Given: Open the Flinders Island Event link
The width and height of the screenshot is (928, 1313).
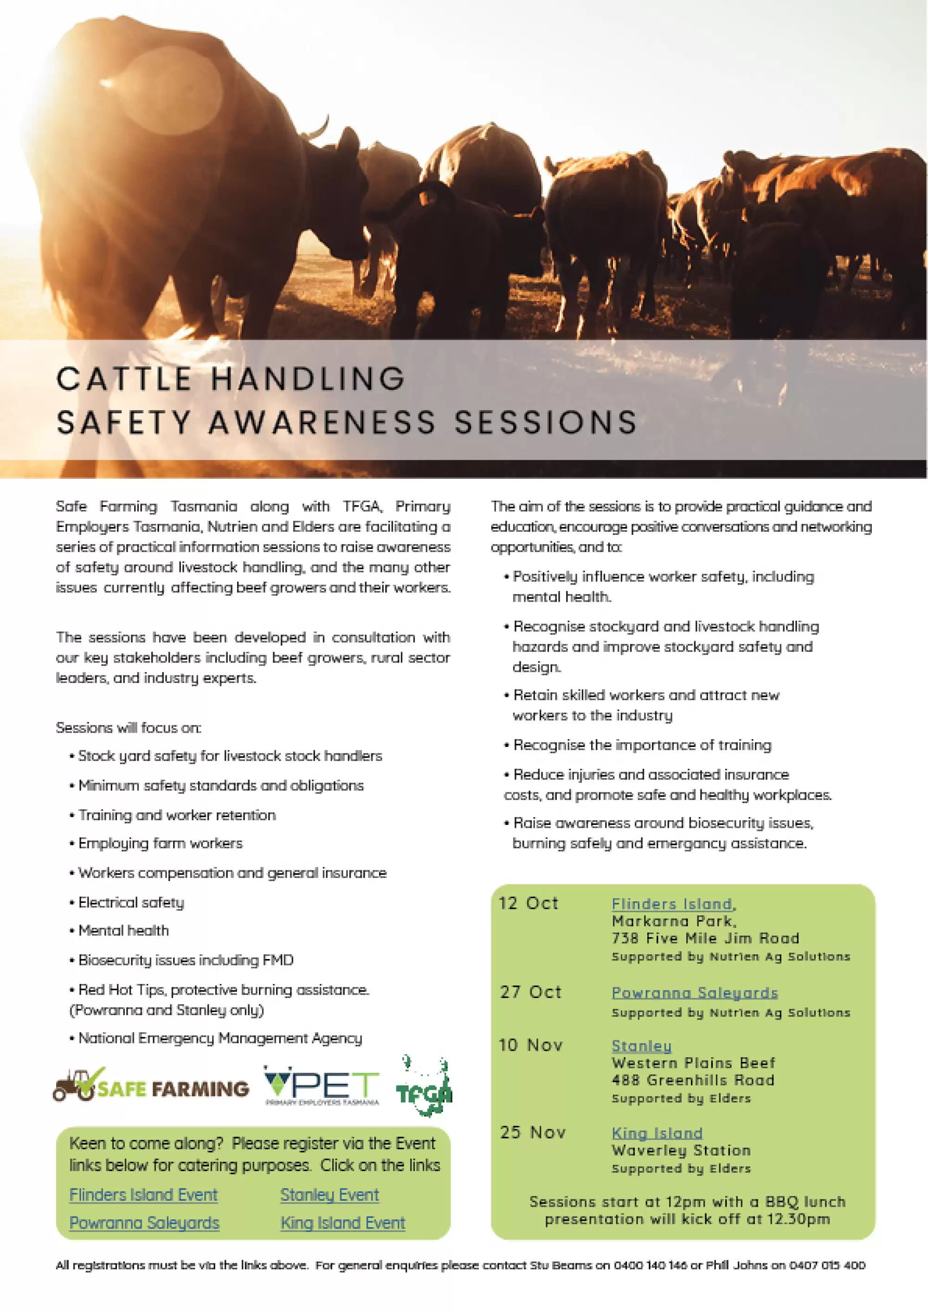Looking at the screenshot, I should pyautogui.click(x=143, y=1195).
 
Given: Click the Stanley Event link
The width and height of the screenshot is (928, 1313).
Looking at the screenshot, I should pyautogui.click(x=329, y=1195).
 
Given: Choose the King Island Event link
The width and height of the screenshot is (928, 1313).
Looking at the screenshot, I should pyautogui.click(x=342, y=1223).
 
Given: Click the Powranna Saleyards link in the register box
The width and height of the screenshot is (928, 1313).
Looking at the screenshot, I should pyautogui.click(x=144, y=1223).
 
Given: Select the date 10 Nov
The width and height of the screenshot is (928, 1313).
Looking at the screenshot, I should pyautogui.click(x=531, y=1045).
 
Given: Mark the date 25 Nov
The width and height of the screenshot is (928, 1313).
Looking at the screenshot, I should pyautogui.click(x=532, y=1133).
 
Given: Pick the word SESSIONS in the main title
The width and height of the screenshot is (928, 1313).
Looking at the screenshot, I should pyautogui.click(x=546, y=423).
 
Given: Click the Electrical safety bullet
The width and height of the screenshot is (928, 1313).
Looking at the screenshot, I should pyautogui.click(x=131, y=903).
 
